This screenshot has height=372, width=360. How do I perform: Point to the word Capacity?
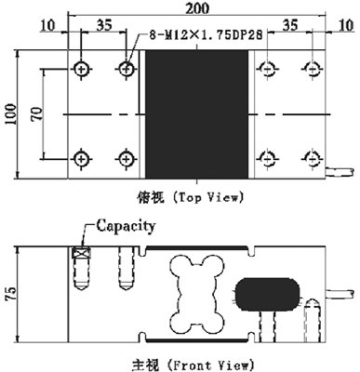point(125,225)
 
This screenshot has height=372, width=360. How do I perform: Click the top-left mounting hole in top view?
point(81,69)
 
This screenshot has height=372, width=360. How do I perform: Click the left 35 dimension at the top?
point(103,25)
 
